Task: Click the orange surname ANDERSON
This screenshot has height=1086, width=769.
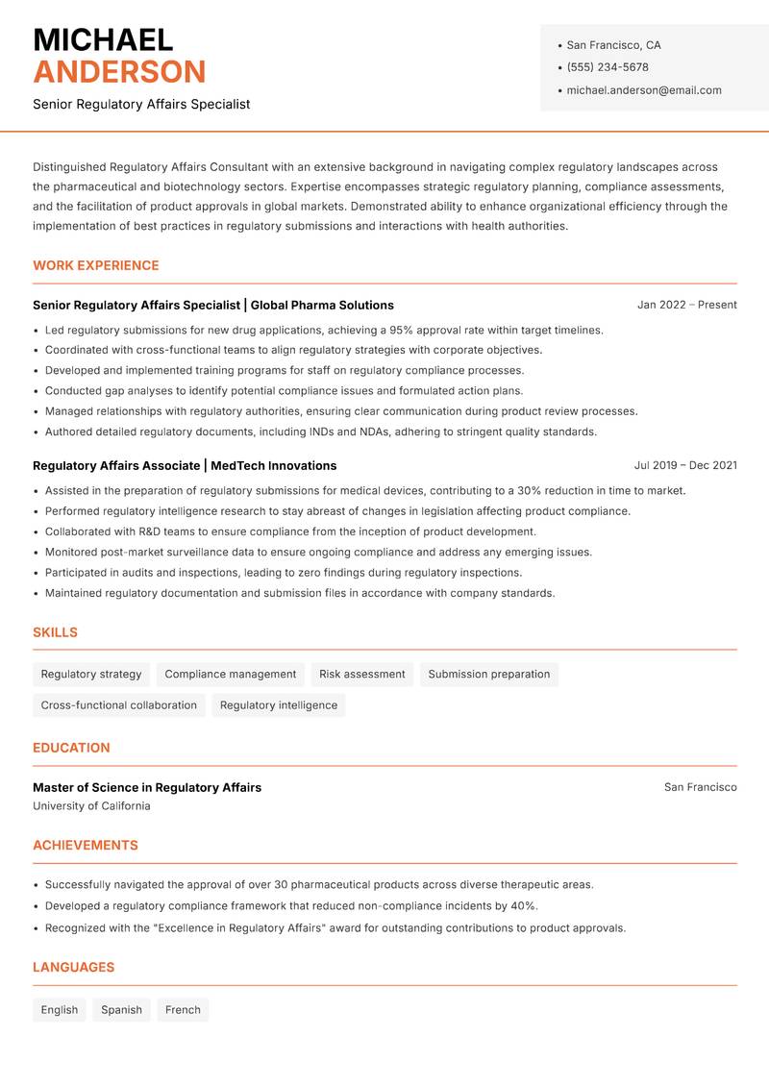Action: click(119, 72)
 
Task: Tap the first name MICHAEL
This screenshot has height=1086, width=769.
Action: click(103, 39)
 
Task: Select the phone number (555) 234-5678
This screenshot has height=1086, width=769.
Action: click(608, 67)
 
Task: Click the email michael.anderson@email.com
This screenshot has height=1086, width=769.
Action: click(644, 90)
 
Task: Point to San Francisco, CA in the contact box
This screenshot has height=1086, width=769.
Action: click(613, 45)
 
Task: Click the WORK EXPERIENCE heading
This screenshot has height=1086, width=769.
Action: click(96, 265)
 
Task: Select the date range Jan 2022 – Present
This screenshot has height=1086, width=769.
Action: click(686, 305)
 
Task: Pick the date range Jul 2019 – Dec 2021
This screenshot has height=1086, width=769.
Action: click(685, 465)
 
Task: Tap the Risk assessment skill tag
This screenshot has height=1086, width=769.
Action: click(362, 674)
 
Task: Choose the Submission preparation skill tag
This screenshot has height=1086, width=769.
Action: click(489, 674)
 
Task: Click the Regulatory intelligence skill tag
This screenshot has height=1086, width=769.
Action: click(279, 705)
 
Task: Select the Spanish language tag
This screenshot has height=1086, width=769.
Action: click(121, 1010)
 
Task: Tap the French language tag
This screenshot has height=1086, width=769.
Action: click(183, 1010)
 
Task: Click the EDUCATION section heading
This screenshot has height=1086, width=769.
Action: click(71, 748)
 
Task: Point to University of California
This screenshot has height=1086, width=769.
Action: click(91, 806)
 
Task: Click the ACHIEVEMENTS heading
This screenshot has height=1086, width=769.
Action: click(86, 846)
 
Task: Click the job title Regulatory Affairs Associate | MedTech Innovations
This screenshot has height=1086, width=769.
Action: click(185, 465)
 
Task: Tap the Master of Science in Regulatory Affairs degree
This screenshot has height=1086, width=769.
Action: click(147, 787)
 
